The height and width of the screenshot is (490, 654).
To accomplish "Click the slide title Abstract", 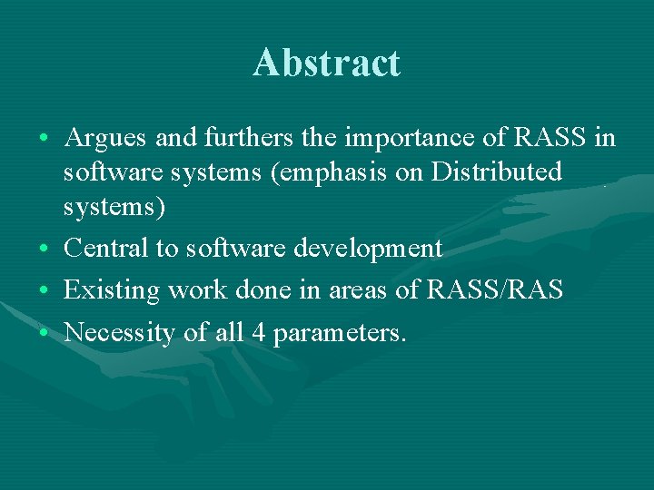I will click(326, 64).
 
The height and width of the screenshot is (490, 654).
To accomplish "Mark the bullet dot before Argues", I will click(45, 139).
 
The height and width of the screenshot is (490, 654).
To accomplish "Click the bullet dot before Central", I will click(45, 249).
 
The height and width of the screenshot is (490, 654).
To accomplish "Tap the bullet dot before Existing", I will click(45, 291).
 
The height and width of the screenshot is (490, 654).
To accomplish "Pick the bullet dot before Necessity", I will click(45, 334).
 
